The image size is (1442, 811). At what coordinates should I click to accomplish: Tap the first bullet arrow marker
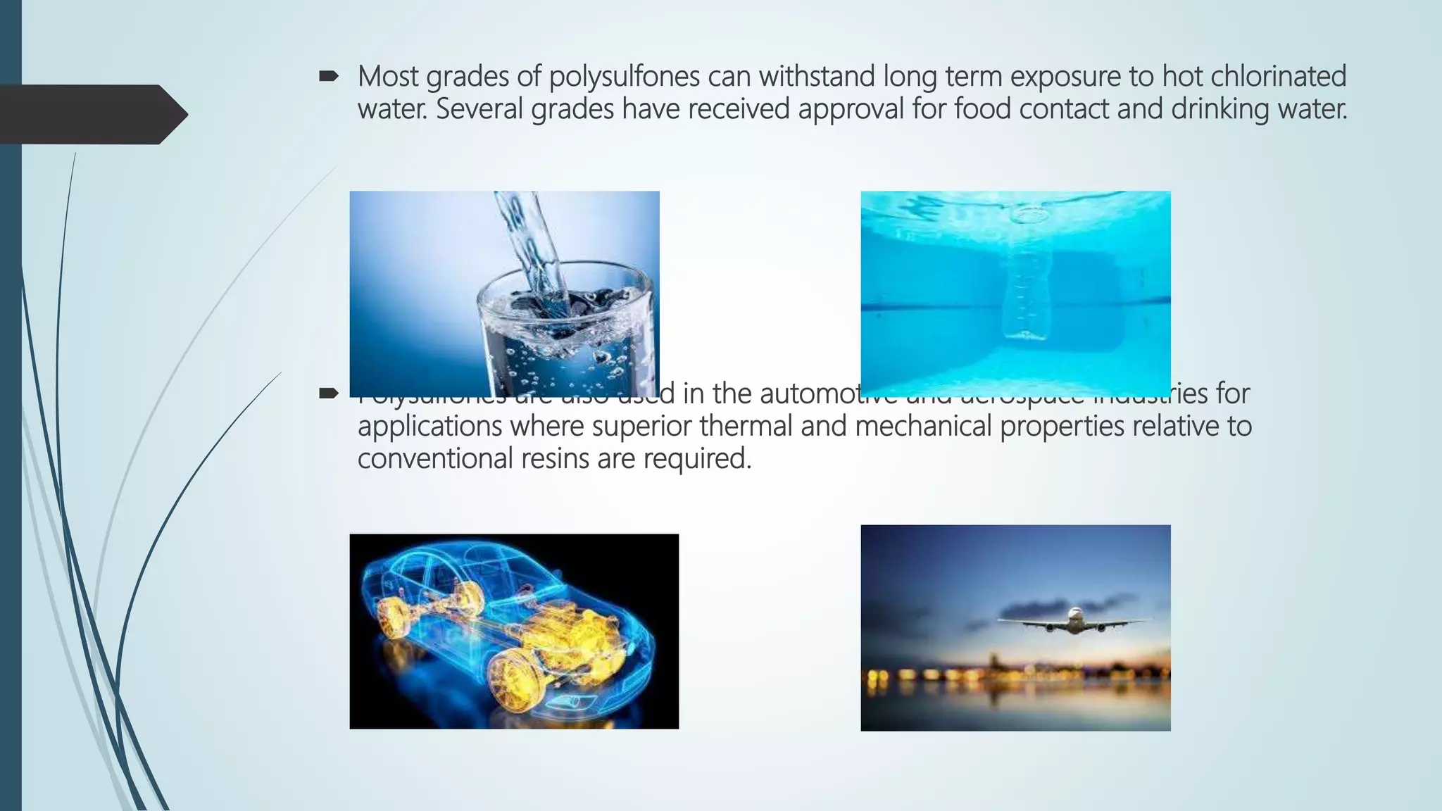(329, 76)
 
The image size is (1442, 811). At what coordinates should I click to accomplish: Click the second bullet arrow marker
(329, 393)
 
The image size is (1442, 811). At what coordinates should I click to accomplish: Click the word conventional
(434, 458)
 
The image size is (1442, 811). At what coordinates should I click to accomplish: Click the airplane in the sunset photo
(1074, 620)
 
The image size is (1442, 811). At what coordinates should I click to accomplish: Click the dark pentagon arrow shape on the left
(92, 114)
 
